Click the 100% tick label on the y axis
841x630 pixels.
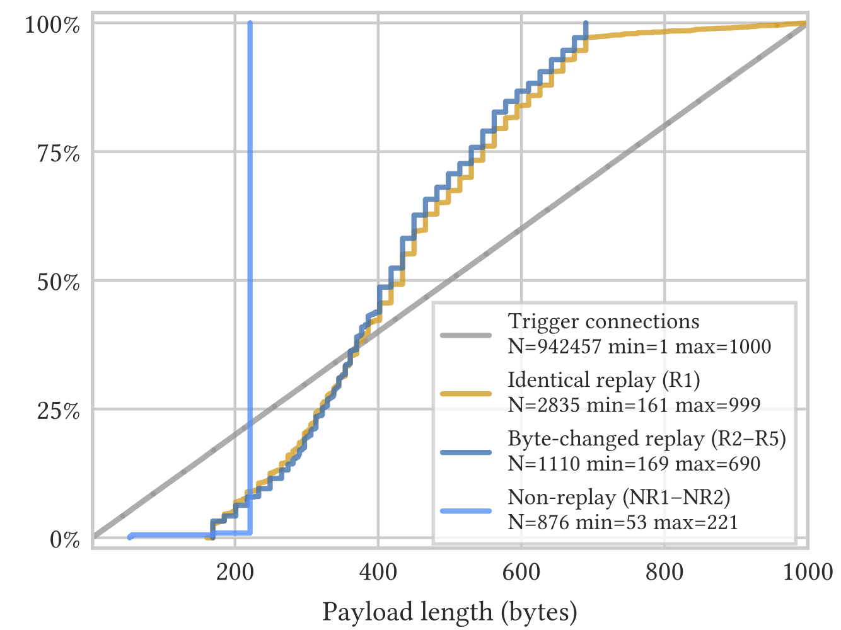click(52, 26)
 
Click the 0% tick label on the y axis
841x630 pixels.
click(64, 540)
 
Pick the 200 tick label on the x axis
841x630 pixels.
click(235, 572)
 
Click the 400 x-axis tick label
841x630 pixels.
click(378, 572)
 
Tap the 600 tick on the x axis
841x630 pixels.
click(521, 572)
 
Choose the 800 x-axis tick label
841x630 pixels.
click(664, 572)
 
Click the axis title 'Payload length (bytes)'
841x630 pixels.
click(449, 612)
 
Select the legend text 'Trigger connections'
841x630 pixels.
click(603, 321)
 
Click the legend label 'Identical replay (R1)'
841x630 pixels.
click(603, 380)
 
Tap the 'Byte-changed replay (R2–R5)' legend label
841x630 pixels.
click(647, 438)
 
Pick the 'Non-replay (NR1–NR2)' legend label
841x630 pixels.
click(618, 497)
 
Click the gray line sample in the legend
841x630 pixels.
click(466, 335)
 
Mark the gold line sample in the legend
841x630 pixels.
click(466, 394)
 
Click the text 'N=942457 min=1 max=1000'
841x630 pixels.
click(639, 346)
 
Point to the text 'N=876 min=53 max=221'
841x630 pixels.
click(622, 522)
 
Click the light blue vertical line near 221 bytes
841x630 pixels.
click(250, 252)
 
